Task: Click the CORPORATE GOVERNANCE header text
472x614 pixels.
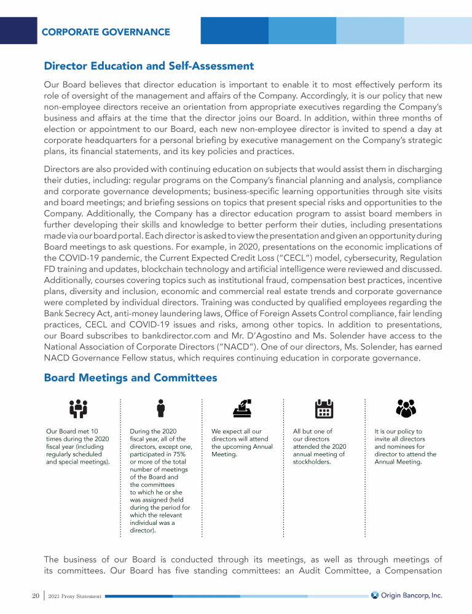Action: [x=106, y=32]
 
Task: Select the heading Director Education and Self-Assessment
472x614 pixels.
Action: [x=149, y=66]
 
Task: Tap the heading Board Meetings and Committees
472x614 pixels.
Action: [x=130, y=378]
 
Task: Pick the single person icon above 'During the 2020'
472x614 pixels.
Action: [x=160, y=408]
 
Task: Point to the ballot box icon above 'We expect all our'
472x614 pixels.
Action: [x=242, y=408]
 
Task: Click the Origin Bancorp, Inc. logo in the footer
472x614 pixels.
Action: [x=407, y=595]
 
